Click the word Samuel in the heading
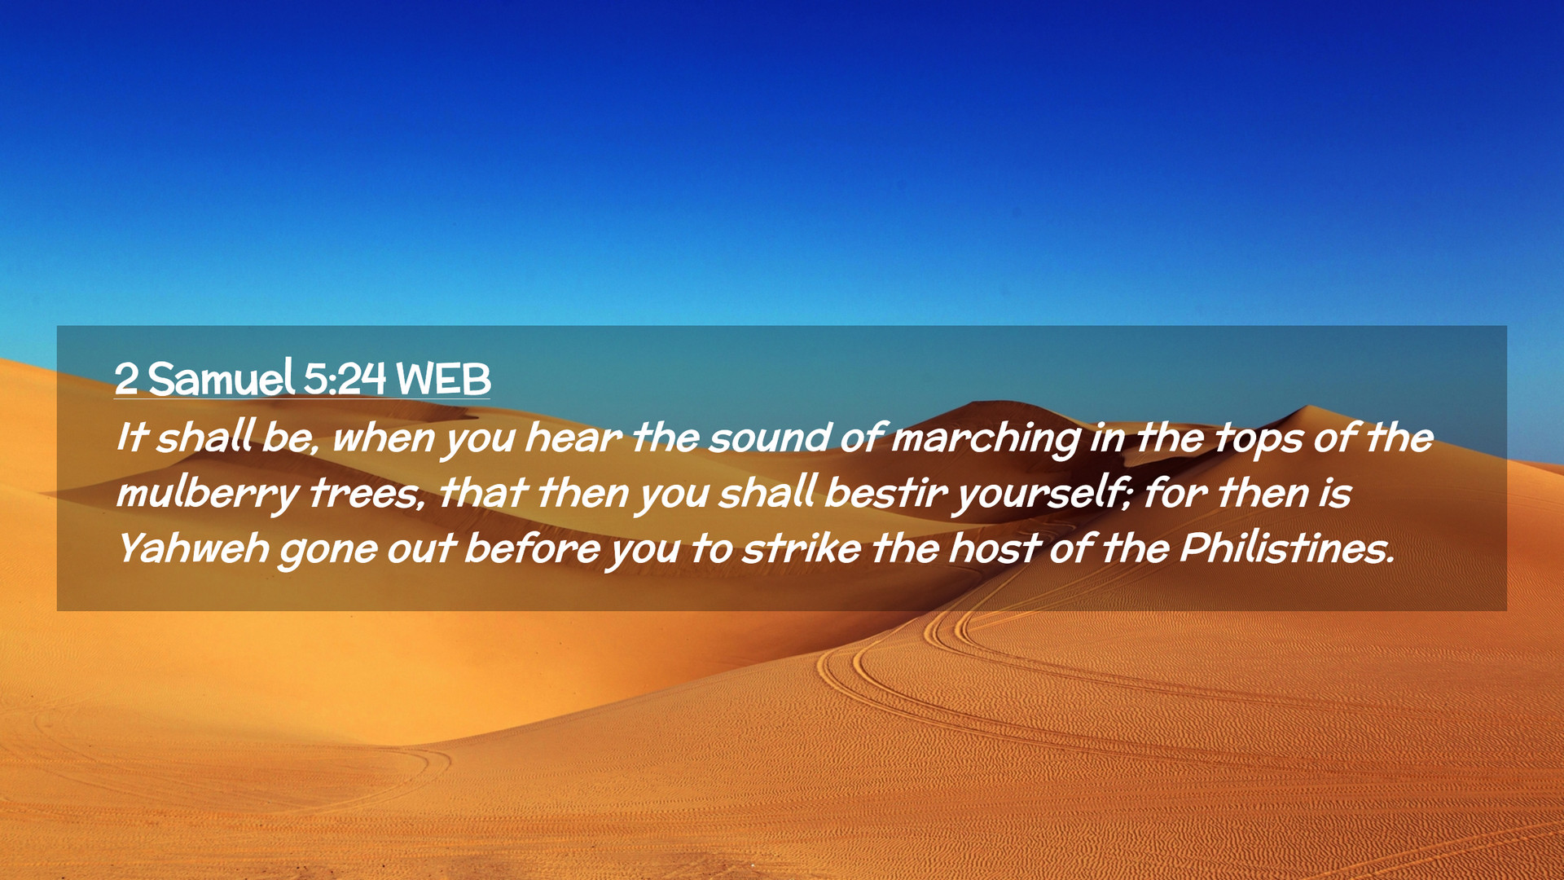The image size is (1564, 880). click(x=221, y=378)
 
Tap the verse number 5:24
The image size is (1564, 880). click(x=345, y=379)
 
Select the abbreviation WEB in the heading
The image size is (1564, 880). click(x=443, y=379)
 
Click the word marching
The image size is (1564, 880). click(x=986, y=440)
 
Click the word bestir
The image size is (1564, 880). click(x=885, y=494)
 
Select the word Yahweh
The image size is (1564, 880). click(x=193, y=548)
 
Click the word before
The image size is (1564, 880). click(x=532, y=548)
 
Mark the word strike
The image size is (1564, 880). click(x=802, y=548)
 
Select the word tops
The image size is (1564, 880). click(x=1259, y=440)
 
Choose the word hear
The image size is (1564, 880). click(x=573, y=438)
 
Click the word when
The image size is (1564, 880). click(x=384, y=438)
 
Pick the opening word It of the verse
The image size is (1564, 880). click(x=132, y=438)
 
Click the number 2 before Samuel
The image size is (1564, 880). click(x=126, y=379)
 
